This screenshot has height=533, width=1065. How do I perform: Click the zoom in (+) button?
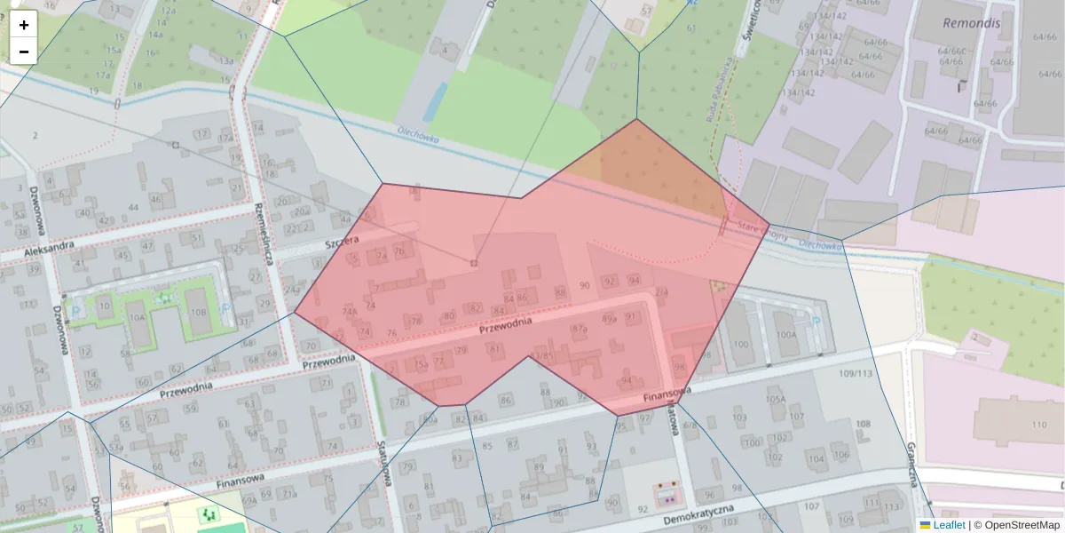[24, 25]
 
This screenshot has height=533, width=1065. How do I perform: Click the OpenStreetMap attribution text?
[1021, 525]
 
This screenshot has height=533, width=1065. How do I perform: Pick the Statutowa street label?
[385, 462]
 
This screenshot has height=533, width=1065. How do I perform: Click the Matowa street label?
[672, 418]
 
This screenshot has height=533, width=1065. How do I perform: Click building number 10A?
[136, 316]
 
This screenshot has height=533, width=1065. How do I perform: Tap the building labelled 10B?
[197, 313]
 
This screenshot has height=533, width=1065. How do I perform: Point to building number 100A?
[786, 335]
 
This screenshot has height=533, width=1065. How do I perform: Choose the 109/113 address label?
[856, 374]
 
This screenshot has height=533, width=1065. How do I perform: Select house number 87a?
[580, 329]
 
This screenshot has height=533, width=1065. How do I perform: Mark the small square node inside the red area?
[473, 263]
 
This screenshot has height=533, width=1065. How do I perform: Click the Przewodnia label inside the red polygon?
[505, 327]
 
